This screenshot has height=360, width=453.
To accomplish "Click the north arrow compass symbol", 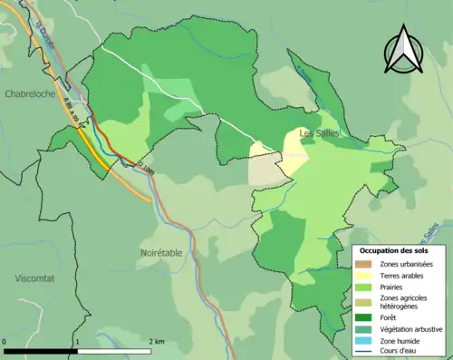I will [x=403, y=50].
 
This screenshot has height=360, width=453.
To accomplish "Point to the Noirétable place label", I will [x=164, y=253].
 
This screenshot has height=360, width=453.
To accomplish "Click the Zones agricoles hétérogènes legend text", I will [x=405, y=302].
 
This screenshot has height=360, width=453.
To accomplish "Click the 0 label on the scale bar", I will [x=5, y=342].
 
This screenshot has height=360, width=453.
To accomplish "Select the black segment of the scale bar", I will [x=40, y=350].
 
